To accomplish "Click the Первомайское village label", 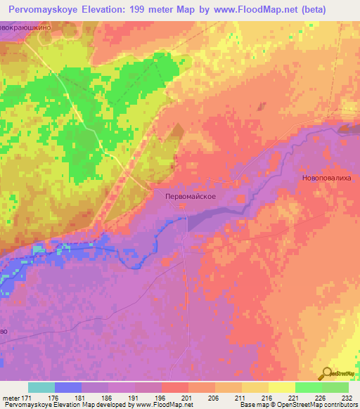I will coord(185,197).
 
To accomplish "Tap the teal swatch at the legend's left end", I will coord(41,387).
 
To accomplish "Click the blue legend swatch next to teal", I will coord(68,387).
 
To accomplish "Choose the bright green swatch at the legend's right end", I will coord(335,387).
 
